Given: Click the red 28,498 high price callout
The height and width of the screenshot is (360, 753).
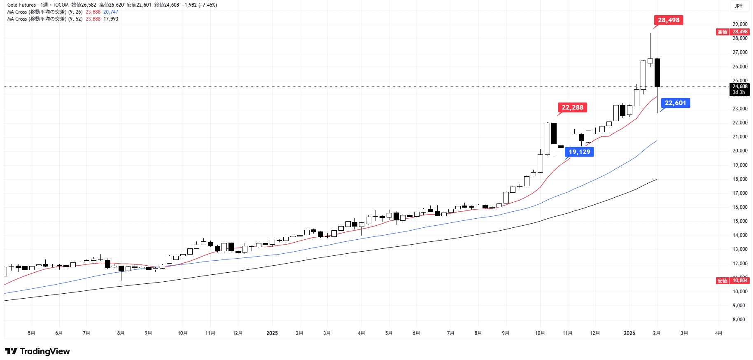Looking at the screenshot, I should [x=668, y=20].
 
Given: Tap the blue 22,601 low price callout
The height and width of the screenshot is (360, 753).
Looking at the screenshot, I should [x=675, y=103].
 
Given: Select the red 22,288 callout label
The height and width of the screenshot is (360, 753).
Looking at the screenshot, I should [x=572, y=108].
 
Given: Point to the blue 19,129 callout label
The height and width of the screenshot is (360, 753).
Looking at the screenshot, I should [x=579, y=152].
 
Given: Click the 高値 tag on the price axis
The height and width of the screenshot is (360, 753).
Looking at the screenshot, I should [x=723, y=32].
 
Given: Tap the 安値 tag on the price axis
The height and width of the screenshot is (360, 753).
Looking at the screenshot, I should [x=723, y=281].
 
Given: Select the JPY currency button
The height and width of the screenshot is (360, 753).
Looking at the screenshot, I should [x=739, y=6].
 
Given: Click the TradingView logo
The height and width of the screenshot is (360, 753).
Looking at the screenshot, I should [x=37, y=351].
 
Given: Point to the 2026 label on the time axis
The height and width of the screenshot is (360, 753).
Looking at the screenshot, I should [x=629, y=333].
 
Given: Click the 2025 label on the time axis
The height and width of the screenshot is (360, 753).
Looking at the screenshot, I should [x=272, y=333].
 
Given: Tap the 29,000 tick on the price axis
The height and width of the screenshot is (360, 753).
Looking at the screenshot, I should [x=740, y=24].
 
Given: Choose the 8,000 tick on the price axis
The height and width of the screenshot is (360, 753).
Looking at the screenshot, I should [x=739, y=320].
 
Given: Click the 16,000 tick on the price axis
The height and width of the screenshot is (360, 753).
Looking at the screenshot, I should [x=740, y=207].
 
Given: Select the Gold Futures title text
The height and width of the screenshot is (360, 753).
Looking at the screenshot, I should [x=21, y=5].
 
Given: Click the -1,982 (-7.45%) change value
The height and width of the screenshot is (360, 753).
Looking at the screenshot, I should [x=199, y=5].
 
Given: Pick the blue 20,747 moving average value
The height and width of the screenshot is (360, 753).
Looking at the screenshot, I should [x=111, y=12].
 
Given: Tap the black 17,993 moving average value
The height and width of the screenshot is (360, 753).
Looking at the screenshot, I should [x=111, y=19].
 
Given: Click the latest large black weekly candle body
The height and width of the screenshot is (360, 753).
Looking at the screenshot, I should [x=657, y=72].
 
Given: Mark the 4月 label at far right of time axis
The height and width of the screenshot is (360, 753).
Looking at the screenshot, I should [x=718, y=333].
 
